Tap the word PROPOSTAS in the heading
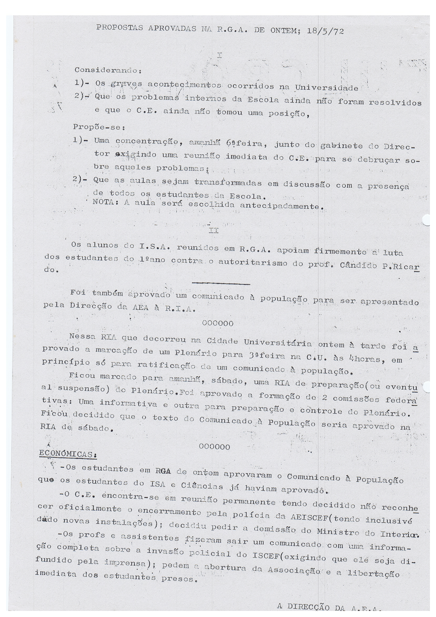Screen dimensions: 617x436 (119, 28)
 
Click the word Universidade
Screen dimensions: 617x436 (326, 88)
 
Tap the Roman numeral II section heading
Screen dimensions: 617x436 (214, 231)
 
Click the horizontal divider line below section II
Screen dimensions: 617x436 (221, 283)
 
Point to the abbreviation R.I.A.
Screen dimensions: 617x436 (180, 309)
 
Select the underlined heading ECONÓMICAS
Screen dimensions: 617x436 (68, 454)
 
